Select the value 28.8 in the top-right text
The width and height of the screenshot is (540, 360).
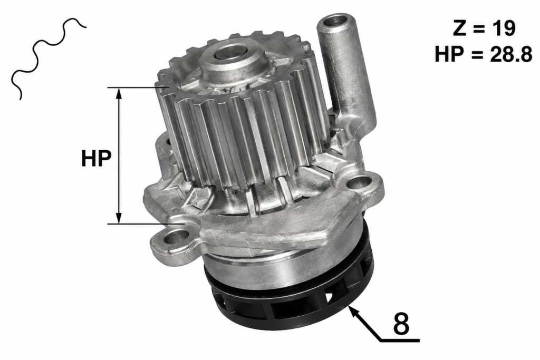point(512,54)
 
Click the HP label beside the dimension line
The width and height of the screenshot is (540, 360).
point(97,159)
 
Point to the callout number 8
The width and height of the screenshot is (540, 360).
point(401,324)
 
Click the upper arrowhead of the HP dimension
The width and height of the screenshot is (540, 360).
point(119,92)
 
